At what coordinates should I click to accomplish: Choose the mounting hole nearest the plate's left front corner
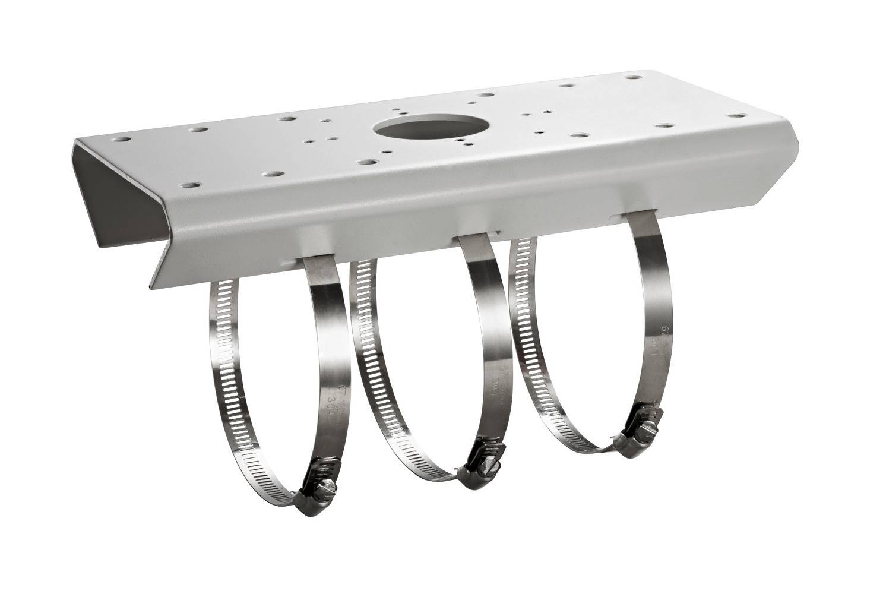pos(189,185)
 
